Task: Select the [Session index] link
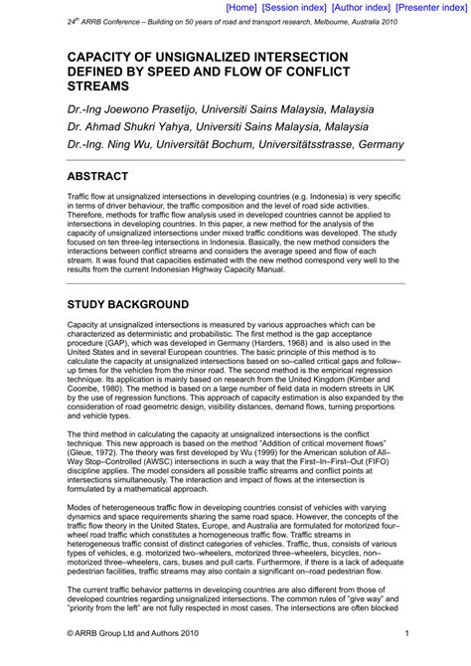click(x=296, y=7)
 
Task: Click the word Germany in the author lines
click(x=377, y=144)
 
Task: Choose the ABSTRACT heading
click(x=107, y=178)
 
